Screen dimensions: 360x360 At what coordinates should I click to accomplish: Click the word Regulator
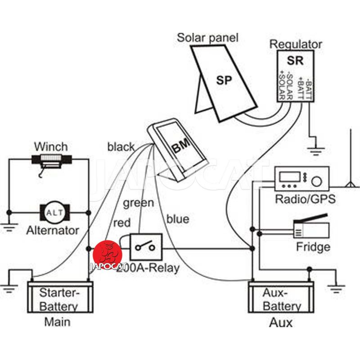(x=296, y=44)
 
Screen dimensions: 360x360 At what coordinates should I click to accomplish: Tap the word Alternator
(x=53, y=230)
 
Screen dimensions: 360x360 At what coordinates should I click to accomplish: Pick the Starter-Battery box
(x=60, y=297)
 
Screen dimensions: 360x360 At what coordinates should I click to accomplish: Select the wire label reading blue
(x=178, y=219)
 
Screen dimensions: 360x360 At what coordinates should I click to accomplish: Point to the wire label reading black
(x=121, y=147)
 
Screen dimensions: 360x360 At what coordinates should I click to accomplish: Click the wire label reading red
(x=122, y=222)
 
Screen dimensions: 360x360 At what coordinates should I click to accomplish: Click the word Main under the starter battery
(x=57, y=322)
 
